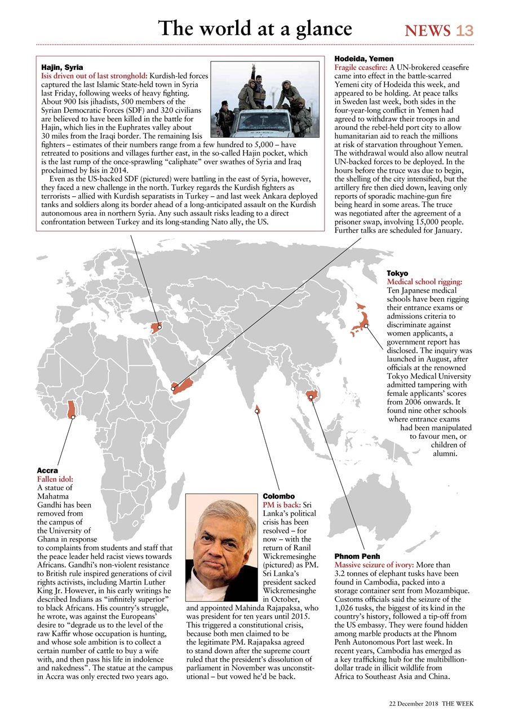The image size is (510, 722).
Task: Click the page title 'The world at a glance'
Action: tap(255, 28)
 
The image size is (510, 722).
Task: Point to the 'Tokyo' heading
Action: tap(397, 273)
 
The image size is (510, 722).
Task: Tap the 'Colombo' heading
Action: tap(279, 496)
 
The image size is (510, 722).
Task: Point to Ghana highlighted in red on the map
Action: tap(72, 409)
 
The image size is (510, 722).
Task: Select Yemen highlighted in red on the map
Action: tap(183, 386)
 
